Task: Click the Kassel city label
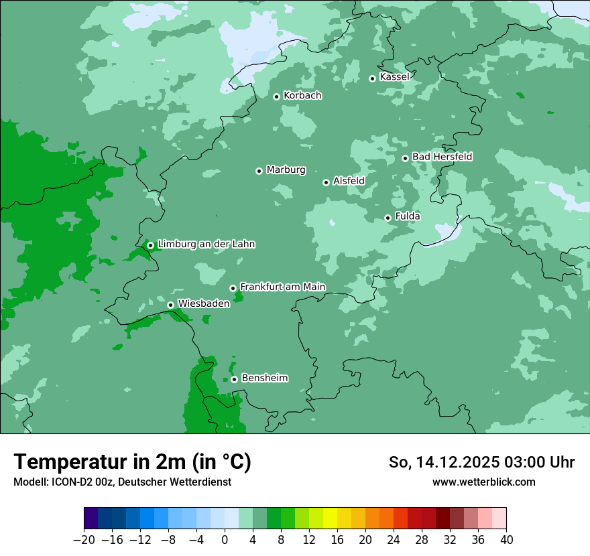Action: [x=394, y=77]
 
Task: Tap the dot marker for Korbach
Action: [x=276, y=96]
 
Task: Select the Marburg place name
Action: [x=286, y=170]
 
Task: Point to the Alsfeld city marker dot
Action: [x=326, y=182]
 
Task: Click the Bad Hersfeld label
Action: [x=442, y=157]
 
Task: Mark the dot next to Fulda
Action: [x=388, y=218]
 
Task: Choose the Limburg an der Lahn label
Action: [x=206, y=245]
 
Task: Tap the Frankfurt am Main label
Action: [x=282, y=287]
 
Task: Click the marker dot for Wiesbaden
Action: [x=170, y=305]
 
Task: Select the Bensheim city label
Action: [x=264, y=378]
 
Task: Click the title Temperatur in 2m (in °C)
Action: [x=132, y=462]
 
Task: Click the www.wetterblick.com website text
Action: [x=483, y=482]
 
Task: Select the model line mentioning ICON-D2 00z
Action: [x=122, y=482]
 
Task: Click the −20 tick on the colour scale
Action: [x=84, y=540]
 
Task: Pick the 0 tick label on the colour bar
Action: [x=225, y=540]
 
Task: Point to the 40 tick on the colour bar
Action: [x=506, y=540]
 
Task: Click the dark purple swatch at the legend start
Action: [x=91, y=518]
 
